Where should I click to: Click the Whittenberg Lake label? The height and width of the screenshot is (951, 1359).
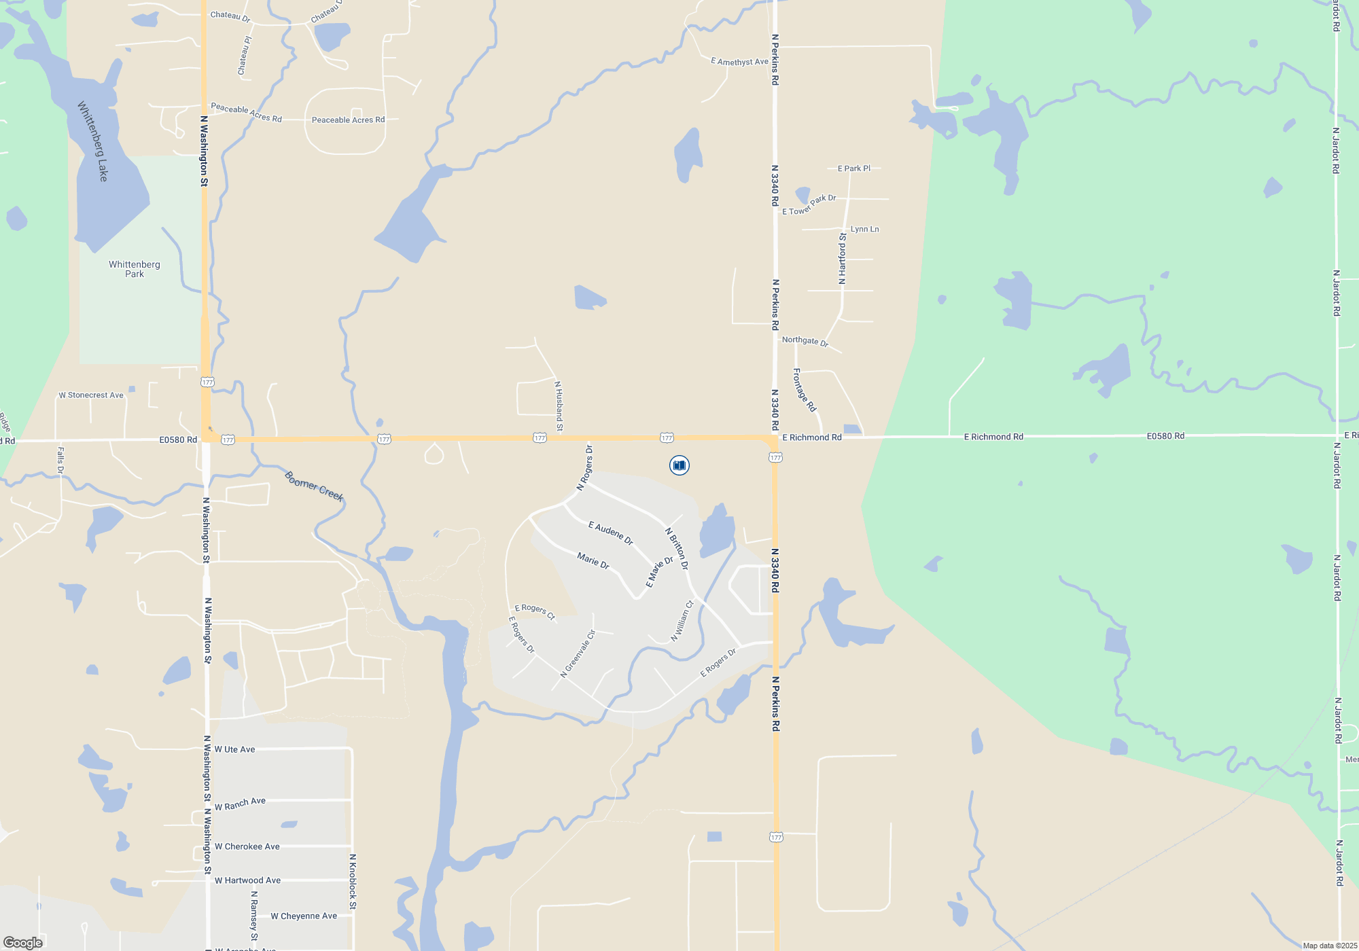point(93,141)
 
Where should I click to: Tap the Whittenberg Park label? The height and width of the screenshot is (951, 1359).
point(135,269)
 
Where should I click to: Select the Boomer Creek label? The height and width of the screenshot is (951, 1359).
point(314,486)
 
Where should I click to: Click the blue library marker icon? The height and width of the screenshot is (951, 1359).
point(679,465)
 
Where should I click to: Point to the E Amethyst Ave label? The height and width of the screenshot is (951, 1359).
point(739,62)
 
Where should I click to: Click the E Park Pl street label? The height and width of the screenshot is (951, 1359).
point(853,168)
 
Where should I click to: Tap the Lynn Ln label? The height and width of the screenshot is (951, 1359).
point(864,230)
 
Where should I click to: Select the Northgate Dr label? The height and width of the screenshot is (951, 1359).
point(805,341)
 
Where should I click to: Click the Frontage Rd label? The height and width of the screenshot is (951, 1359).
point(804,390)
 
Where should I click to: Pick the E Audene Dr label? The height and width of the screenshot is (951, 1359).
point(611,533)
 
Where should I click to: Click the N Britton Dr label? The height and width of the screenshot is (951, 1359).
point(677,549)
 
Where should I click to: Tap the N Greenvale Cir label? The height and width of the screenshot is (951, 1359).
point(578,653)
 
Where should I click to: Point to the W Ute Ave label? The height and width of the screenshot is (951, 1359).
point(234,750)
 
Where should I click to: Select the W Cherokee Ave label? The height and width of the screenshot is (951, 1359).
point(247,847)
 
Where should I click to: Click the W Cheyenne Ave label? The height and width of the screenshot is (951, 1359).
point(304,916)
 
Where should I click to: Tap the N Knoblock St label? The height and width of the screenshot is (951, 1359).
point(353,881)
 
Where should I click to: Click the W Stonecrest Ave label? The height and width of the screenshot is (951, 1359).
point(91,395)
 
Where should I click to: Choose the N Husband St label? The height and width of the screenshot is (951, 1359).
point(559,406)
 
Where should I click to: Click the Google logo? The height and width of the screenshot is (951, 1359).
point(23,942)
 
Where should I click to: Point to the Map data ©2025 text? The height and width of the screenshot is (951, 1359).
point(1330,946)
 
